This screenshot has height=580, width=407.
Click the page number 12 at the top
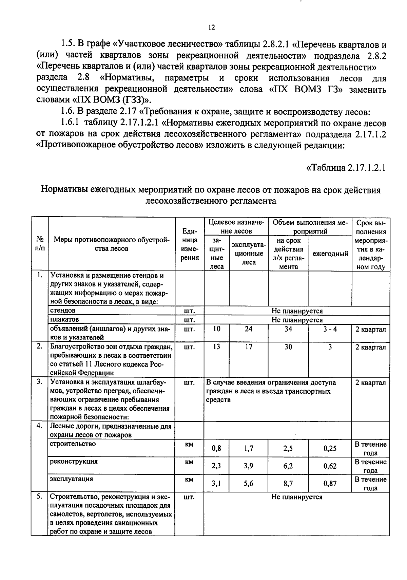(211, 27)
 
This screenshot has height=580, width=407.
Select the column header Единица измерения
(189, 244)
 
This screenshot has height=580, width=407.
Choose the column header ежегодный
(330, 254)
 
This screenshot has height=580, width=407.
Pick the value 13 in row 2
(216, 347)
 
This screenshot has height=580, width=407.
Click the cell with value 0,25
(330, 448)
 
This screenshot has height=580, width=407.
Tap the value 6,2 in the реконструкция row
(288, 466)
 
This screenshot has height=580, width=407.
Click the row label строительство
(73, 444)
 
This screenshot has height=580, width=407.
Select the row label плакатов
(64, 319)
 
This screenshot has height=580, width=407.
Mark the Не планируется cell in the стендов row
(297, 311)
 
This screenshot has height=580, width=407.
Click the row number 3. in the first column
(39, 382)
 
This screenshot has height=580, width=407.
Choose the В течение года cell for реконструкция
(370, 466)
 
